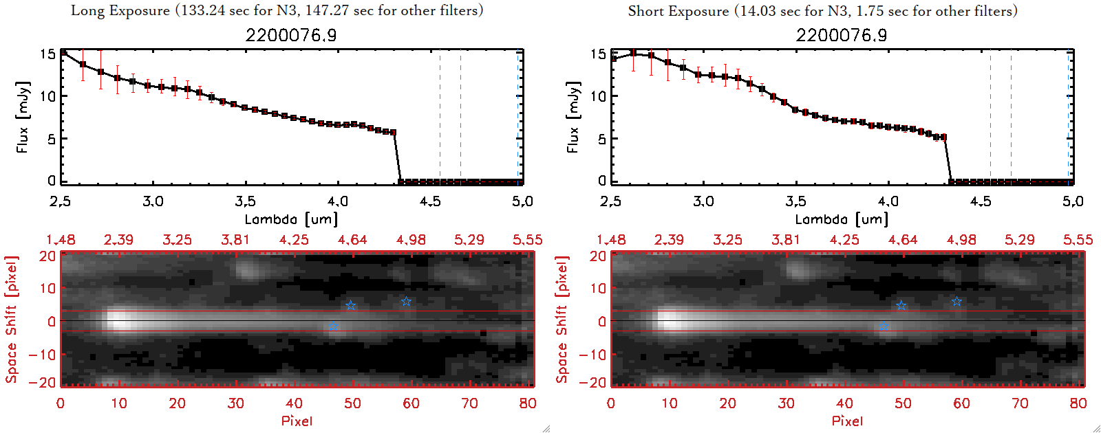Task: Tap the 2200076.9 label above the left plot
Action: pos(291,35)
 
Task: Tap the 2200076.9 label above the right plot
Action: pos(842,35)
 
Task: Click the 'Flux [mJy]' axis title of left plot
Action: pos(23,117)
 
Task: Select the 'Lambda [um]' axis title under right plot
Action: pos(842,219)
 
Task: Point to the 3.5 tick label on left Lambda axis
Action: pos(245,201)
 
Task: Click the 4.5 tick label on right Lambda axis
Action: pos(981,201)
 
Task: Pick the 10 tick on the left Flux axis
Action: pos(47,96)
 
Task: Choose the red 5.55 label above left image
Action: pos(527,240)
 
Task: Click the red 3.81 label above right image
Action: pos(786,240)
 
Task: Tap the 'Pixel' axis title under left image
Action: pos(297,421)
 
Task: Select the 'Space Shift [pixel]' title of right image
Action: pos(562,320)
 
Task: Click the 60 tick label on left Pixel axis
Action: pos(411,403)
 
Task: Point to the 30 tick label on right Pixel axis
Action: pos(786,403)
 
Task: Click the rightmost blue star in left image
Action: pos(407,302)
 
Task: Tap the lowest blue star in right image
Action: pos(884,326)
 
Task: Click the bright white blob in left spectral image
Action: pos(120,320)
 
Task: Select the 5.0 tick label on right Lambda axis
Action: pos(1073,201)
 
